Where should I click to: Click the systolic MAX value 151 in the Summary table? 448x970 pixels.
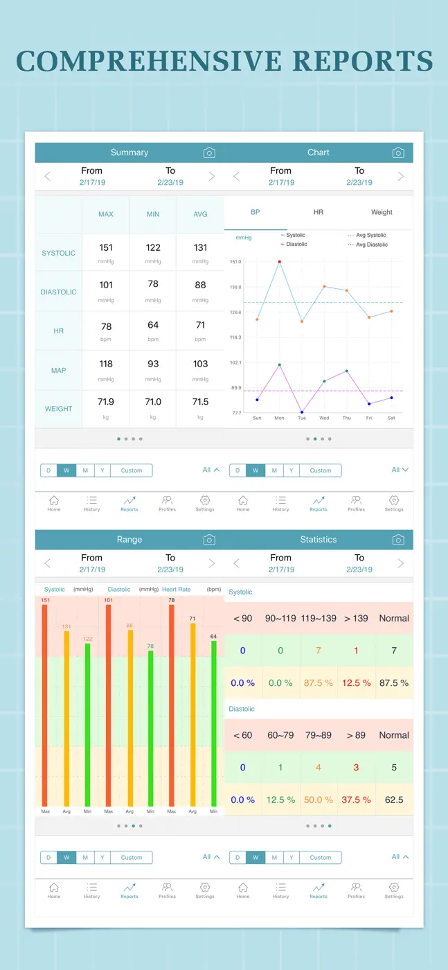point(106,247)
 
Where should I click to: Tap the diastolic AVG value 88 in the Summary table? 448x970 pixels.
point(200,285)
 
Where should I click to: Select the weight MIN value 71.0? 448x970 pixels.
point(153,402)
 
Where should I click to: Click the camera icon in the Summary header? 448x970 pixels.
point(209,152)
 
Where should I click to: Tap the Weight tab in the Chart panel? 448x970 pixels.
point(382,212)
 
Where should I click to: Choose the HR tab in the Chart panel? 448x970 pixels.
point(318,212)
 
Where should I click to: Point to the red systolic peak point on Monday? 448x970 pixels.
point(280,262)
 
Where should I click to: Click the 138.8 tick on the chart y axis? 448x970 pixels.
point(235,287)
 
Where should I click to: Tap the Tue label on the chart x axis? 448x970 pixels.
point(302,418)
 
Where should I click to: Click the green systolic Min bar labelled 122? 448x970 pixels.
point(87,725)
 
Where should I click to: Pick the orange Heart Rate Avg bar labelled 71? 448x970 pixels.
point(192,715)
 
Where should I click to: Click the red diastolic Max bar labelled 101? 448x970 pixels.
point(108,705)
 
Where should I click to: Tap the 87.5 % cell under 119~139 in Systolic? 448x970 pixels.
point(318,683)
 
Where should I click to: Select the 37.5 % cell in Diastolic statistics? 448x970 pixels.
point(356,800)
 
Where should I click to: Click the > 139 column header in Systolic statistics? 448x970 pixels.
point(356,618)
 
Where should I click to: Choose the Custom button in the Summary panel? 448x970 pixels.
point(131,470)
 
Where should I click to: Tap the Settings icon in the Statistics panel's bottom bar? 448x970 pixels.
point(394,890)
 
